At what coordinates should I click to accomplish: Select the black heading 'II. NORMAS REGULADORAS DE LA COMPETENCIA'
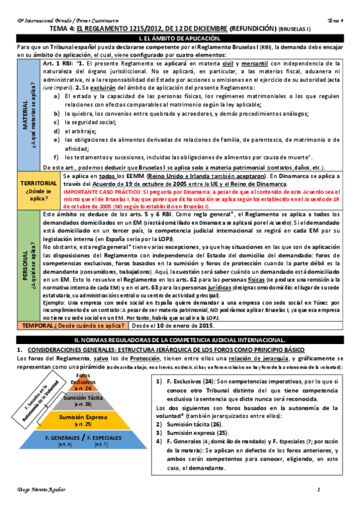(x=180, y=340)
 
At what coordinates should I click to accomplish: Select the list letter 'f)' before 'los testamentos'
(x=56, y=158)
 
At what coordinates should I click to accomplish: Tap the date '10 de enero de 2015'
(x=186, y=326)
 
